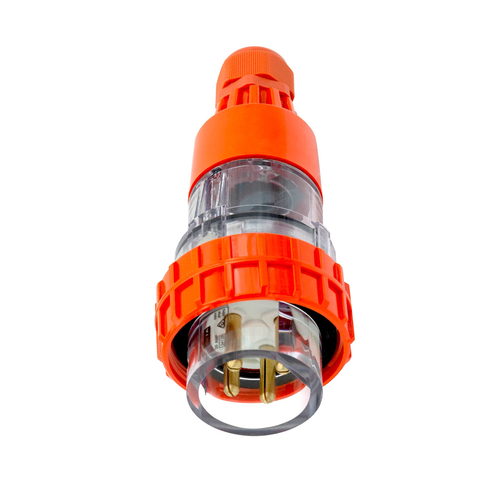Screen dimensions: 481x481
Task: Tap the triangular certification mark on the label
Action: click(x=221, y=323)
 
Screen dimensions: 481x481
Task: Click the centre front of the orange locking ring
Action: click(x=256, y=277)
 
